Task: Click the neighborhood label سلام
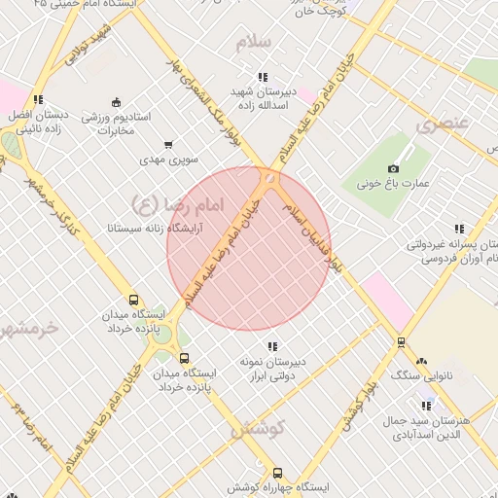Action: point(266,43)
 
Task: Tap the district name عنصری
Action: point(443,124)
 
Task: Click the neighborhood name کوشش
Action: point(257,427)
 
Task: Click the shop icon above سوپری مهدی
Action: point(169,144)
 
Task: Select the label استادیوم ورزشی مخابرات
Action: point(115,123)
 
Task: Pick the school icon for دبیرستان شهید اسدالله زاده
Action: point(263,77)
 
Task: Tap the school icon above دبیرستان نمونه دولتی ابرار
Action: point(272,346)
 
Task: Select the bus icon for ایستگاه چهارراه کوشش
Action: point(278,472)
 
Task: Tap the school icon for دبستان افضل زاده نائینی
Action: point(38,99)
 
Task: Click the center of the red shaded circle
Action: point(249,249)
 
